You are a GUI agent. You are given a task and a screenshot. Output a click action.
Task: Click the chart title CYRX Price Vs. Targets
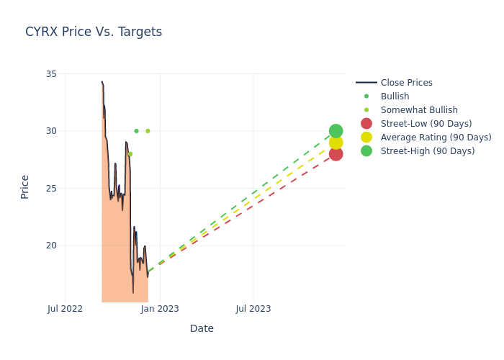point(94,32)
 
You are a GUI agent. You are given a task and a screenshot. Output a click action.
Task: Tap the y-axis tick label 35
point(51,74)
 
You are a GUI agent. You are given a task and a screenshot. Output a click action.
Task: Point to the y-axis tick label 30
point(51,131)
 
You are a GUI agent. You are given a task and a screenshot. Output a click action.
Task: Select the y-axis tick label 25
point(51,188)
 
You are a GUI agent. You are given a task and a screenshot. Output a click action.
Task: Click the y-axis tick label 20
point(51,245)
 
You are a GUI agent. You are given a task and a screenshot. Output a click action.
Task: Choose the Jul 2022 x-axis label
point(65,309)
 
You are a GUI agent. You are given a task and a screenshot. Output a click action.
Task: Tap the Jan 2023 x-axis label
point(160,309)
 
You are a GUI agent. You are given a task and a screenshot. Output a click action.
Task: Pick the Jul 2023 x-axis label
point(253,309)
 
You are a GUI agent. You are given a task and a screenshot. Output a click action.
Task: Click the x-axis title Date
point(202,328)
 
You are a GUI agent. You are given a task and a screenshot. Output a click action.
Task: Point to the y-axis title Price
point(25,186)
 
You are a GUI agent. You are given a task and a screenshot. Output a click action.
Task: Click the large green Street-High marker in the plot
point(336,131)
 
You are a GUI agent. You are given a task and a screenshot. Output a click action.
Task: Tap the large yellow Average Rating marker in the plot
point(336,143)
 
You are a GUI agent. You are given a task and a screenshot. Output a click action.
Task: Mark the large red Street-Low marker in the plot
point(336,153)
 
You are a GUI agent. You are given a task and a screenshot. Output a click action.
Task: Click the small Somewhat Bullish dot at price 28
point(130,154)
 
